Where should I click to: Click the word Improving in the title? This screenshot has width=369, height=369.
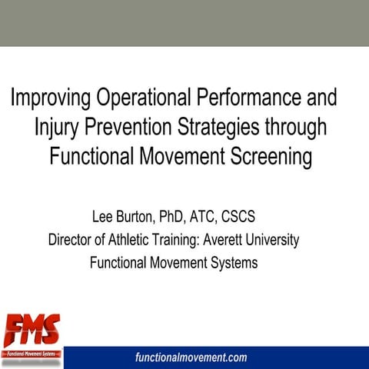pyautogui.click(x=50, y=99)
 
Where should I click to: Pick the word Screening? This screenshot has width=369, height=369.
pyautogui.click(x=264, y=156)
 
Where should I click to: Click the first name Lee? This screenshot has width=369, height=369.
pyautogui.click(x=102, y=214)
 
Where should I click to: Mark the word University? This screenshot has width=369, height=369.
pyautogui.click(x=274, y=239)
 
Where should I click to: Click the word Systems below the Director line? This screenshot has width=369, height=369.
pyautogui.click(x=235, y=263)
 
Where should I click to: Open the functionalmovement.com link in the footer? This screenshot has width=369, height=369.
pyautogui.click(x=191, y=357)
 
